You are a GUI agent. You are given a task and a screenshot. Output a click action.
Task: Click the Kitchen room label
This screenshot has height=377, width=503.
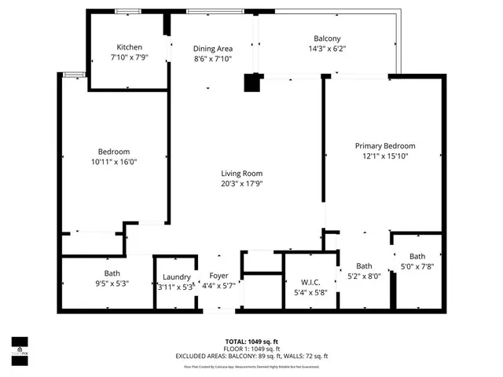[129, 47]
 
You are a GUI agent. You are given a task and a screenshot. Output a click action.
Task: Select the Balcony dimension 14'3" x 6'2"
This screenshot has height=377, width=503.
[326, 49]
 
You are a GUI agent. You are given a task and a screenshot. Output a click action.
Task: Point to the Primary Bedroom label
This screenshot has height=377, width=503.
[384, 146]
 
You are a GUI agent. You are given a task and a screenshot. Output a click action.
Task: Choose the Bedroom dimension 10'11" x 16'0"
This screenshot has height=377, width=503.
[114, 162]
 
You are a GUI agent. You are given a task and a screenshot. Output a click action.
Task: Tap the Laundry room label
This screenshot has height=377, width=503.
[177, 276]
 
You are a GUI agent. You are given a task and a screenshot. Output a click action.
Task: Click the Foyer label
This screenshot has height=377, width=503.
[218, 276]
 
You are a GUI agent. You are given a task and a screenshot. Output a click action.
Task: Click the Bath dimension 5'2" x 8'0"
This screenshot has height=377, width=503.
[364, 276]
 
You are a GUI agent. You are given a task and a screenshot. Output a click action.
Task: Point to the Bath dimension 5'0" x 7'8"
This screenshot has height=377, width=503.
[417, 266]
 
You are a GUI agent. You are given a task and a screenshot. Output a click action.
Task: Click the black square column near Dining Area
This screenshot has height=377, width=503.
[252, 82]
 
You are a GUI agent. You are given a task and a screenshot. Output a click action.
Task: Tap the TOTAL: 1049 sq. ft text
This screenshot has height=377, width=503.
[251, 341]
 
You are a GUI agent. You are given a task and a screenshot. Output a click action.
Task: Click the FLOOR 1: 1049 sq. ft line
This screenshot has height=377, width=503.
[251, 349]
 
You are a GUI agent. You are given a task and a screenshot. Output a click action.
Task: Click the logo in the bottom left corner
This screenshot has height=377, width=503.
[19, 346]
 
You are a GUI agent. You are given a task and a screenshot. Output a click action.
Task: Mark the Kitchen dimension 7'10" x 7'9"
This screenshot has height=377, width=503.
[129, 57]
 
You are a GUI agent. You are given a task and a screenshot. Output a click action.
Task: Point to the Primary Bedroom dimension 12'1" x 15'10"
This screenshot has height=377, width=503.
[384, 156]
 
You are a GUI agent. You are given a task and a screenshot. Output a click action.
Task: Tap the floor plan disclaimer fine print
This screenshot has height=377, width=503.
[251, 366]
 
